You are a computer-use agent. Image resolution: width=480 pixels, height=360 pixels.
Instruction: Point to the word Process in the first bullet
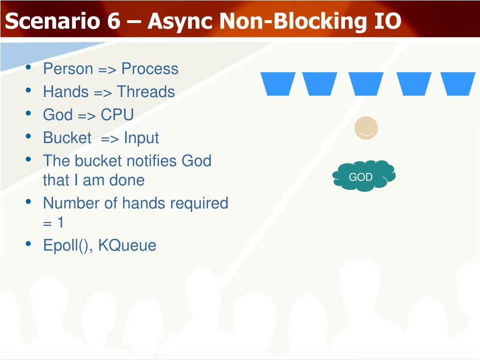tap(150, 69)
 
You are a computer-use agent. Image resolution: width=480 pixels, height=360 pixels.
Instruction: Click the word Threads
tap(146, 92)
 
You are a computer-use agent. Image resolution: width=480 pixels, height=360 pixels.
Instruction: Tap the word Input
tap(141, 138)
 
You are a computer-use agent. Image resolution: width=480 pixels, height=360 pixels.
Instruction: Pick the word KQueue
tap(127, 245)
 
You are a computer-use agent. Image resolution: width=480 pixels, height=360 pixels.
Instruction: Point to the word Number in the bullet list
tap(69, 203)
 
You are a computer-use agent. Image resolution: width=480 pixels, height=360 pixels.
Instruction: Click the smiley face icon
tap(366, 128)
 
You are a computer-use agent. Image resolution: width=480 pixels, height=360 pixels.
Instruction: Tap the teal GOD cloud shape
tap(364, 177)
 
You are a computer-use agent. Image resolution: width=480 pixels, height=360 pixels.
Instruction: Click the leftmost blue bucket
tap(278, 83)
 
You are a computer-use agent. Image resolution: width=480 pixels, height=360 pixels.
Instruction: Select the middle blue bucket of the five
tap(366, 83)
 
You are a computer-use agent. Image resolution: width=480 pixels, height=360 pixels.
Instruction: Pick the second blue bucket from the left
tap(320, 83)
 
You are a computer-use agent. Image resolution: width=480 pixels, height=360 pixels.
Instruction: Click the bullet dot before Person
tap(29, 68)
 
